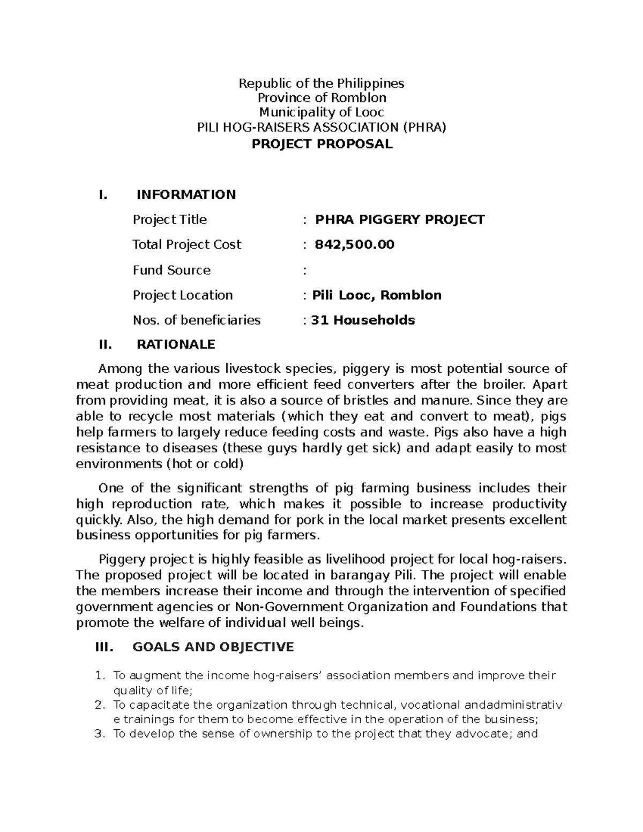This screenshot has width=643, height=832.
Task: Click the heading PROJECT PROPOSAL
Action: pos(322,144)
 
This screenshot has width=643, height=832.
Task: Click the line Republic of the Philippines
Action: pos(322,83)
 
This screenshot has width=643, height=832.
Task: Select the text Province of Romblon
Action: pos(322,98)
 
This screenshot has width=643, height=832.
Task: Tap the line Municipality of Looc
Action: pos(322,113)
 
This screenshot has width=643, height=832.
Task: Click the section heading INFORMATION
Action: pos(186,194)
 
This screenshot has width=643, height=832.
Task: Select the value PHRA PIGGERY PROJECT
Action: pos(399,220)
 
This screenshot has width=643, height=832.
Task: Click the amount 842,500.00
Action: pos(354,245)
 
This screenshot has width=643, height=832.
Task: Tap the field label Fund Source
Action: pos(171,270)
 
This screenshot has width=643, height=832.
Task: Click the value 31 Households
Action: pos(363,320)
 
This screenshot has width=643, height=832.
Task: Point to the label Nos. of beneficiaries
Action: pos(196,320)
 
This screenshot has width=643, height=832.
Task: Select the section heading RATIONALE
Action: pos(176,344)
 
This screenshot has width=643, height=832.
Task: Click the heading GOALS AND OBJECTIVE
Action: pos(213,647)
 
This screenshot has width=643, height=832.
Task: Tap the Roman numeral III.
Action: pos(104,647)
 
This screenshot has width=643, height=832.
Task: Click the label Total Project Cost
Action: pos(186,245)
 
